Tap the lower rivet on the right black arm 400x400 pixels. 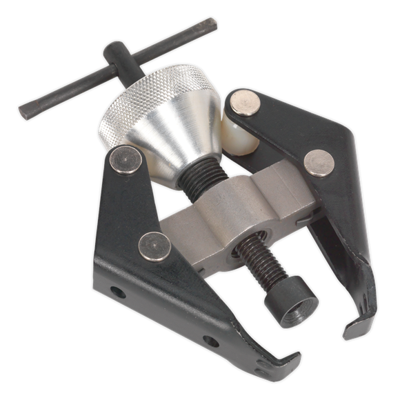[x=318, y=162]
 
